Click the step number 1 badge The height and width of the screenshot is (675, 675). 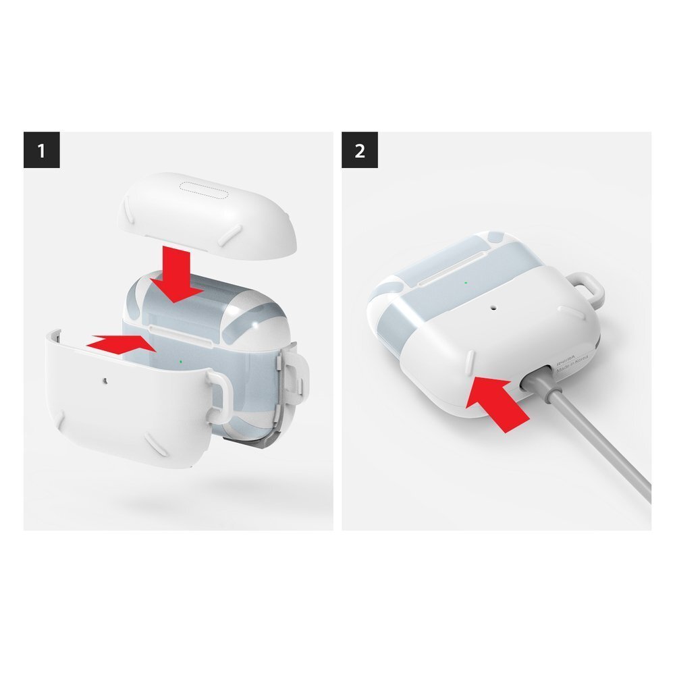[42, 150]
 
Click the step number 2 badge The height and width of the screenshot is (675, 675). [360, 150]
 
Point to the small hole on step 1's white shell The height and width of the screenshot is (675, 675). [103, 381]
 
